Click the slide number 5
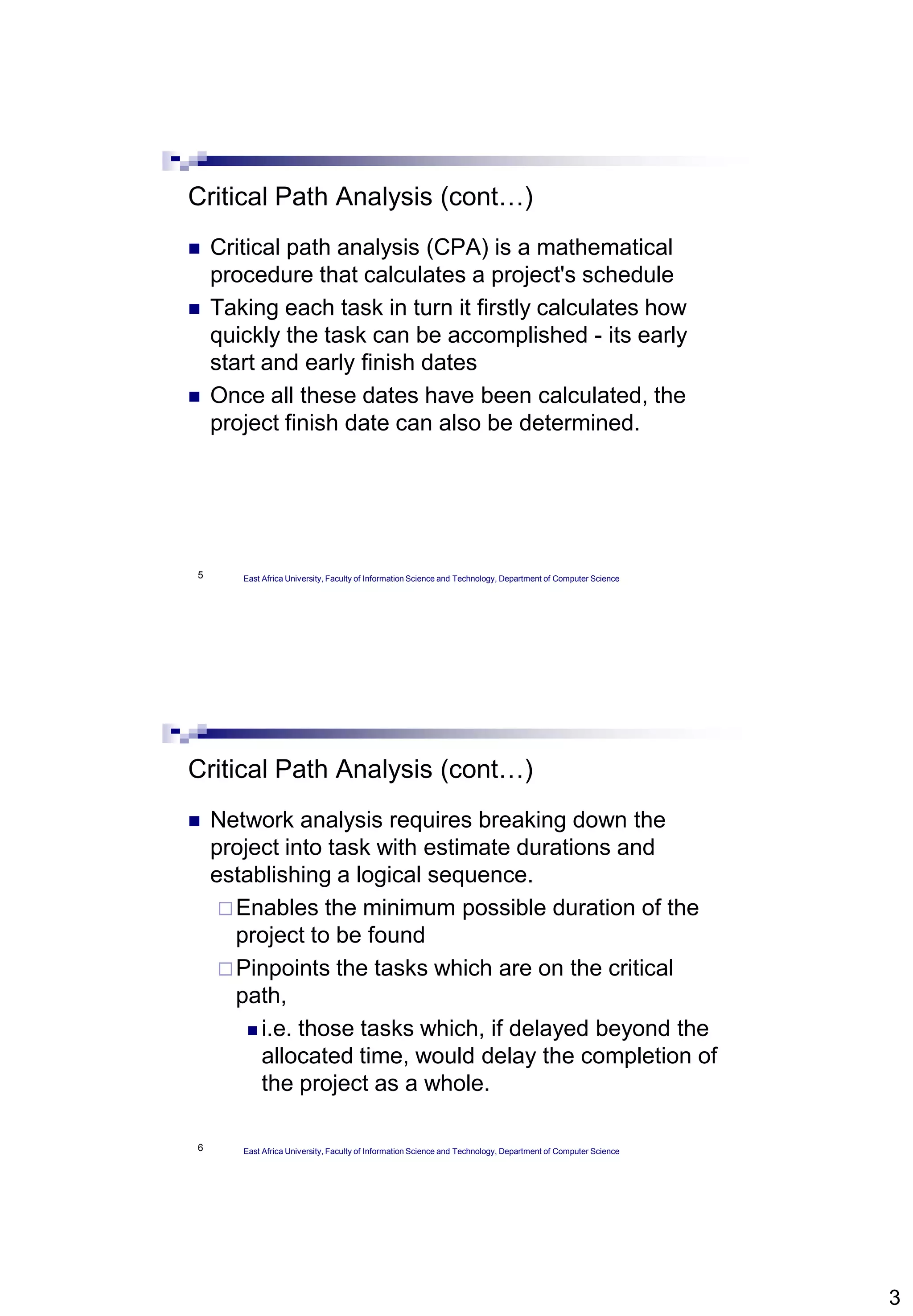200,575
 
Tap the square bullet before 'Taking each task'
194,309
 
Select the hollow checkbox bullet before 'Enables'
226,908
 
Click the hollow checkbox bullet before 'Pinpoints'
226,969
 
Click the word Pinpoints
283,969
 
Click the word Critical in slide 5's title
228,197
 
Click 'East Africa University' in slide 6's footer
282,1151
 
